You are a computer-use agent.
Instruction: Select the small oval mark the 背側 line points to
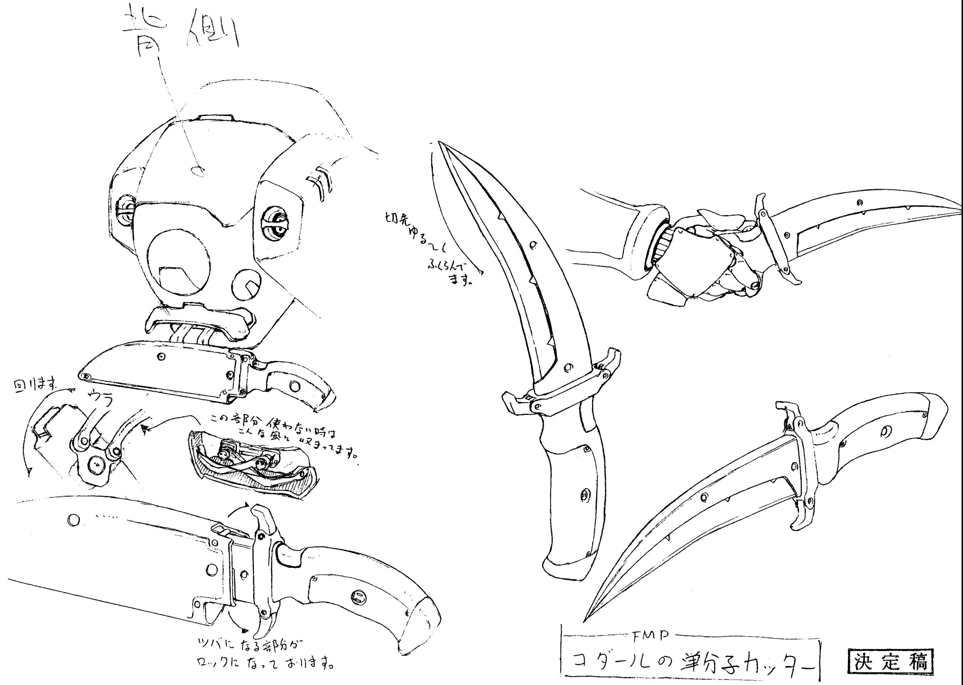pyautogui.click(x=198, y=171)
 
